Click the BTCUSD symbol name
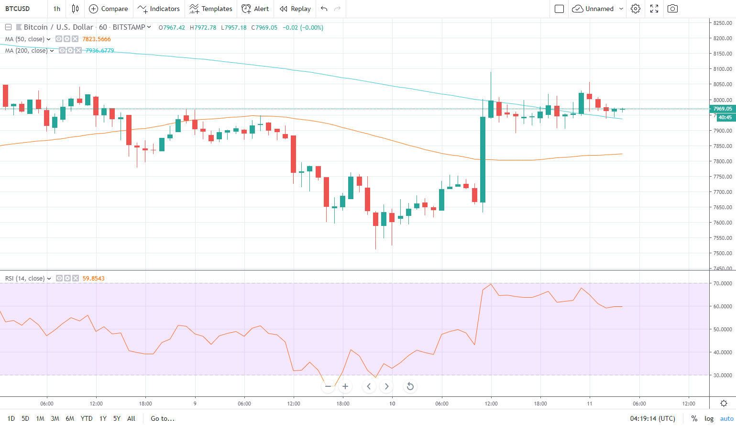pyautogui.click(x=18, y=9)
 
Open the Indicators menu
pyautogui.click(x=159, y=9)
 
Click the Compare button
pyautogui.click(x=109, y=9)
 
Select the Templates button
pyautogui.click(x=211, y=9)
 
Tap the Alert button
pyautogui.click(x=255, y=9)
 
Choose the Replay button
pyautogui.click(x=295, y=9)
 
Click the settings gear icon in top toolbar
pyautogui.click(x=635, y=9)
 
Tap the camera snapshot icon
pyautogui.click(x=672, y=9)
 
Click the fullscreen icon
pyautogui.click(x=654, y=9)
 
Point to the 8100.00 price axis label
pyautogui.click(x=722, y=69)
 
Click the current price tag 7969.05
pyautogui.click(x=722, y=109)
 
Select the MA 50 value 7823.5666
pyautogui.click(x=97, y=39)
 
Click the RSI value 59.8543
pyautogui.click(x=93, y=278)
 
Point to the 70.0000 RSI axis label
pyautogui.click(x=722, y=283)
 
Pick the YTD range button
pyautogui.click(x=87, y=418)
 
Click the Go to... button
pyautogui.click(x=163, y=418)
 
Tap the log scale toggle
pyautogui.click(x=709, y=418)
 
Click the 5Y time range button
pyautogui.click(x=117, y=418)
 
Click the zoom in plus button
pyautogui.click(x=345, y=386)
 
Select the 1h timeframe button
pyautogui.click(x=57, y=9)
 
